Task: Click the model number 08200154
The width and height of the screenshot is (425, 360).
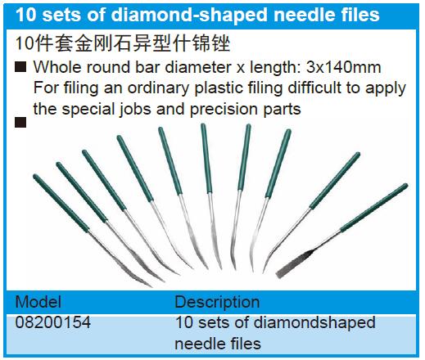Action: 53,322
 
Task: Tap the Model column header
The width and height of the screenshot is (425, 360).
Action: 38,302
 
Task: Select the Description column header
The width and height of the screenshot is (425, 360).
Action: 217,302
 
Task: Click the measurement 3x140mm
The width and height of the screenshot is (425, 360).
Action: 343,67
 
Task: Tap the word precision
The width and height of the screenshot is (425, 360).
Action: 224,110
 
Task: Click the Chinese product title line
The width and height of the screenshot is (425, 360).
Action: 123,43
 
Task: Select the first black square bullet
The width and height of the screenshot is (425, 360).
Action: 20,67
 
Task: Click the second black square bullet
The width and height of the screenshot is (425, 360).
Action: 20,123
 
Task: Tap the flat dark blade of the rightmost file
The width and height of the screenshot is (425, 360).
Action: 293,264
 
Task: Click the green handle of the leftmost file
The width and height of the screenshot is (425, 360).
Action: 61,203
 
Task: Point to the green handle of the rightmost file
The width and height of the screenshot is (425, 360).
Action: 374,207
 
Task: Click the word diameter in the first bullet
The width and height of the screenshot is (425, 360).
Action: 197,67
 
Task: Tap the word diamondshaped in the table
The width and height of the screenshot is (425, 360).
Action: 314,323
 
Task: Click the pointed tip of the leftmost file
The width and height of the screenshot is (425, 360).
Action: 151,286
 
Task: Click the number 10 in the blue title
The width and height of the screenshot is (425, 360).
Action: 26,15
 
